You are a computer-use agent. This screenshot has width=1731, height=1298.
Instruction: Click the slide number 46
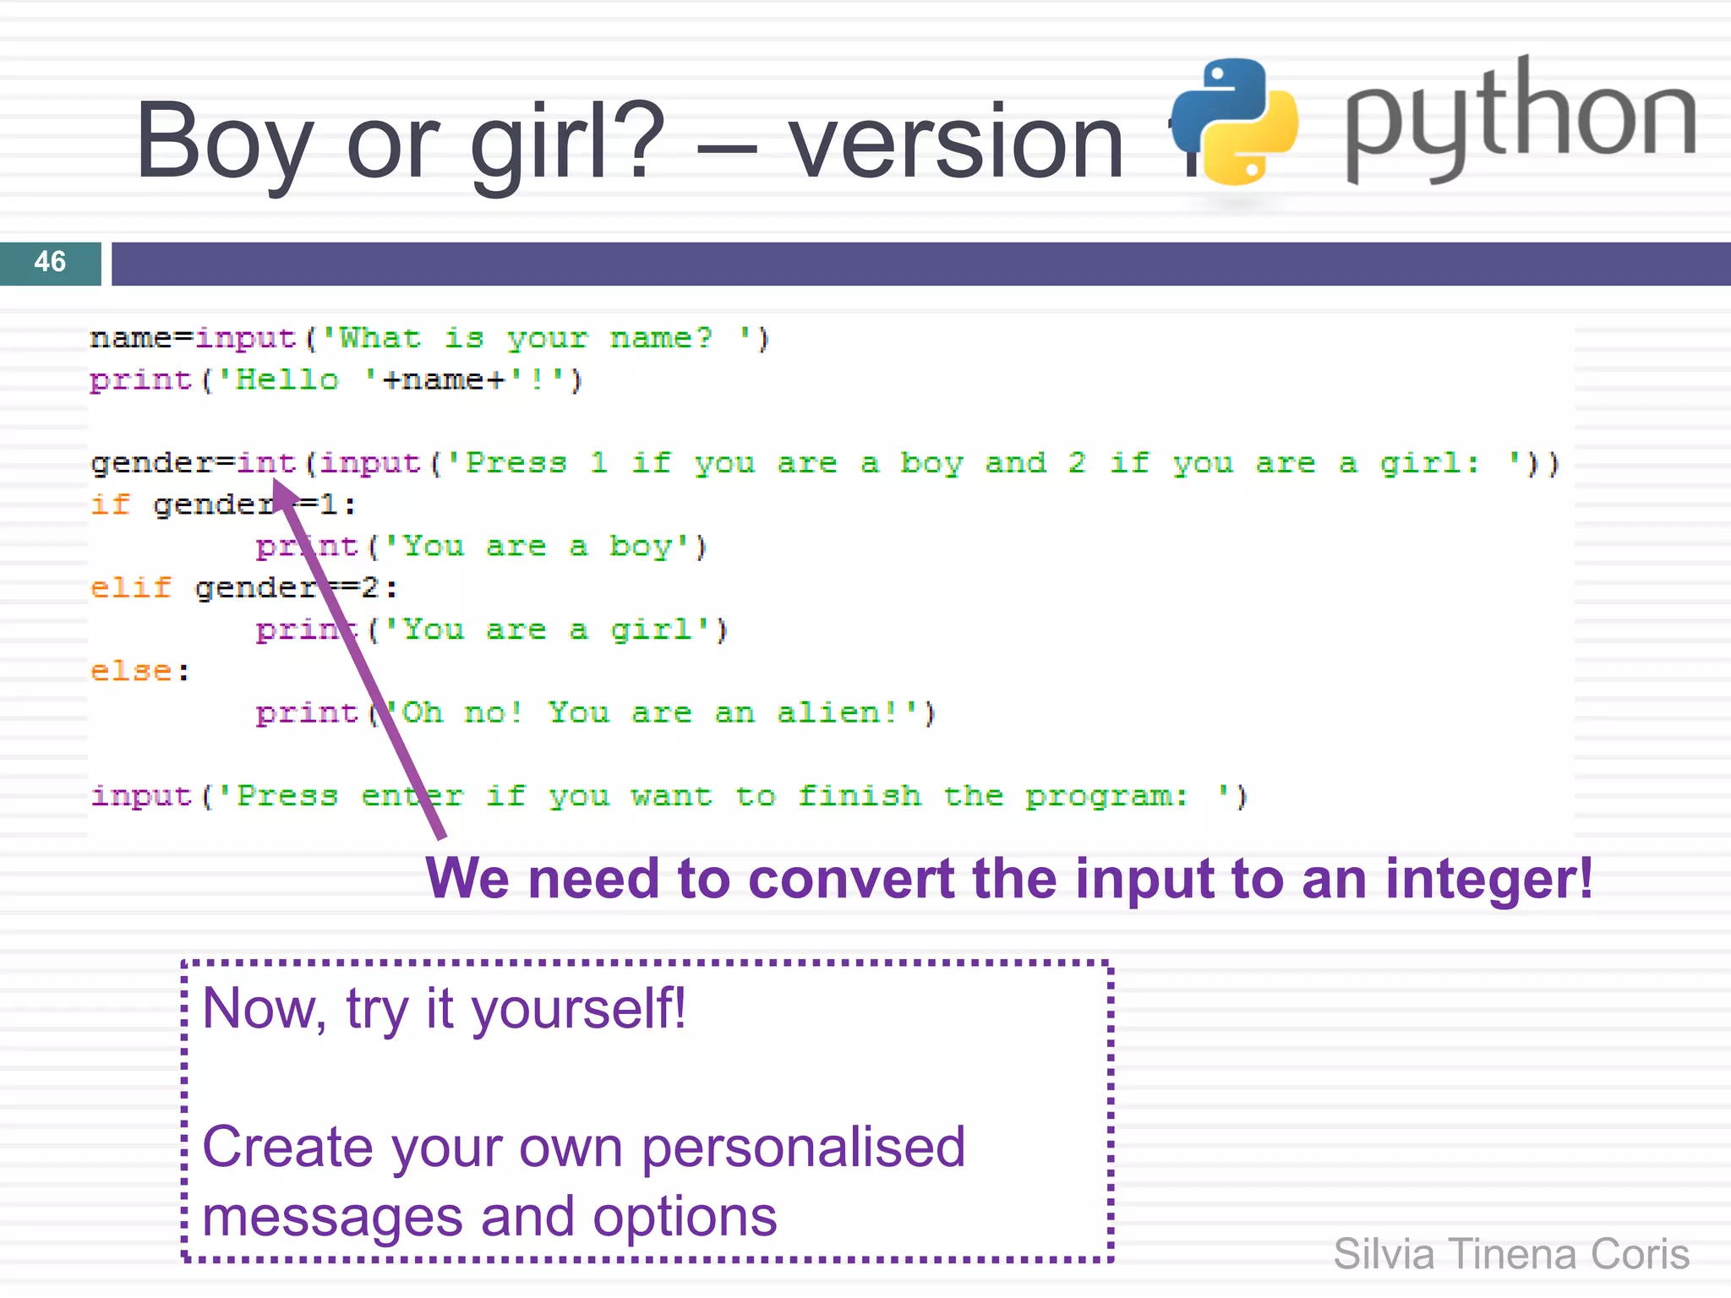click(x=50, y=262)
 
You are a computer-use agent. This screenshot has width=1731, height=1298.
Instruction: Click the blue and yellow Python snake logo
click(x=1234, y=122)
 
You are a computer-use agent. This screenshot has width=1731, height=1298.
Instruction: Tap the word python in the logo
click(x=1520, y=118)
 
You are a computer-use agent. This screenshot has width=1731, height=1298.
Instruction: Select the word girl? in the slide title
click(x=567, y=142)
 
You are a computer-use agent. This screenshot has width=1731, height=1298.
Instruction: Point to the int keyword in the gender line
click(x=266, y=463)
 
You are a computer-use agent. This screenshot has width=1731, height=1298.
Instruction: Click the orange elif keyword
click(x=131, y=587)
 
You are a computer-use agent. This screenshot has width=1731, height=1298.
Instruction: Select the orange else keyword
click(x=131, y=671)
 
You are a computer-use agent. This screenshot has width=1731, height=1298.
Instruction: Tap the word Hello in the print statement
click(x=287, y=380)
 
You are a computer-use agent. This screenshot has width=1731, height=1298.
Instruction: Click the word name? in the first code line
click(x=662, y=339)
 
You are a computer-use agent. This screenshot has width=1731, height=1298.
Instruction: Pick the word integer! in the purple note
click(x=1488, y=879)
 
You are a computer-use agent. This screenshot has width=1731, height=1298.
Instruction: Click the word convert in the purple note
click(x=853, y=879)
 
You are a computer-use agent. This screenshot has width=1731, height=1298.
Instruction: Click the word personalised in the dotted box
click(x=803, y=1148)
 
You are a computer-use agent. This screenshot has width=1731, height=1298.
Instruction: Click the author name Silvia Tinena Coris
click(x=1511, y=1254)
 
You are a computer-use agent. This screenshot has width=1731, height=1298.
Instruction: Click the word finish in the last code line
click(x=860, y=796)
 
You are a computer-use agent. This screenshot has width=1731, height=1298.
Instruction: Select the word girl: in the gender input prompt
click(x=1429, y=463)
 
